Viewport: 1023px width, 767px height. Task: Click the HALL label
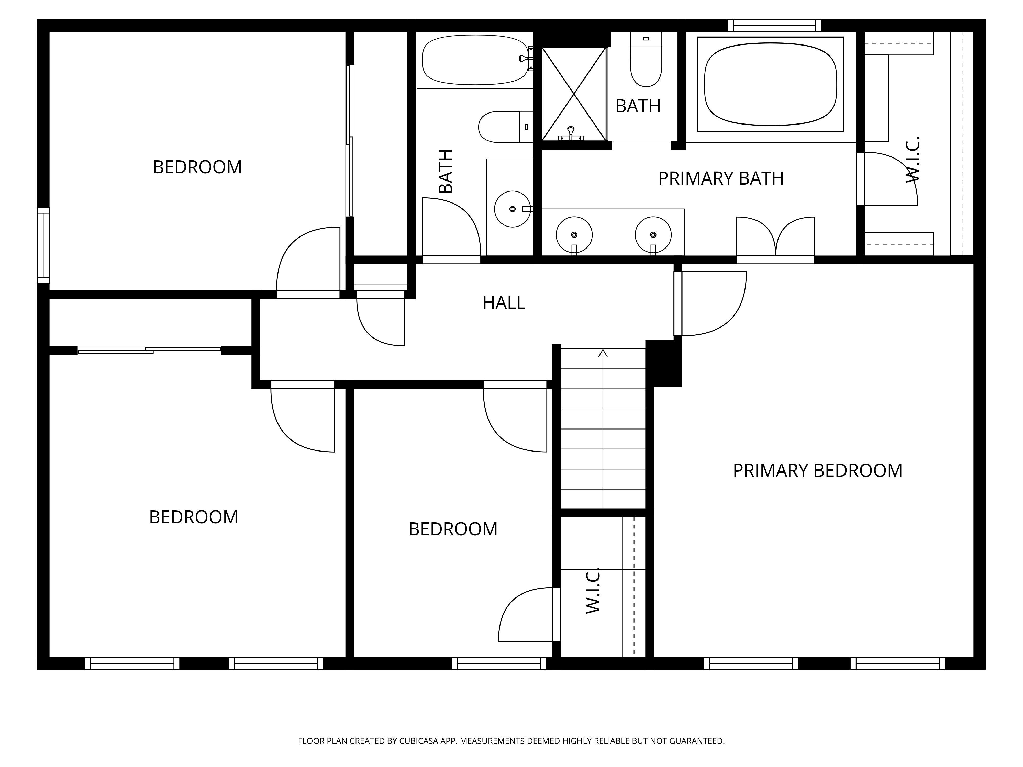coord(504,303)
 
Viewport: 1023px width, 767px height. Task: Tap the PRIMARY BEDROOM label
coord(817,471)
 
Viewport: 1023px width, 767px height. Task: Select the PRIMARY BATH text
coord(720,178)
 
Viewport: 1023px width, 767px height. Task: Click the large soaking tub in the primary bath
coord(771,84)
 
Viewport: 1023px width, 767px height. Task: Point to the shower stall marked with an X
coord(573,94)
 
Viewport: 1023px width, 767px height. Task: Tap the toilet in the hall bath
coord(505,127)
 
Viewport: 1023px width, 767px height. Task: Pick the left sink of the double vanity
coord(574,235)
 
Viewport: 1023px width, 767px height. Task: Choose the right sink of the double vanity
coord(653,235)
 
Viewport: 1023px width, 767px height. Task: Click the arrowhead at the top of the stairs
coord(603,353)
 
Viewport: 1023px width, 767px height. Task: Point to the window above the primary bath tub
coord(774,25)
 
